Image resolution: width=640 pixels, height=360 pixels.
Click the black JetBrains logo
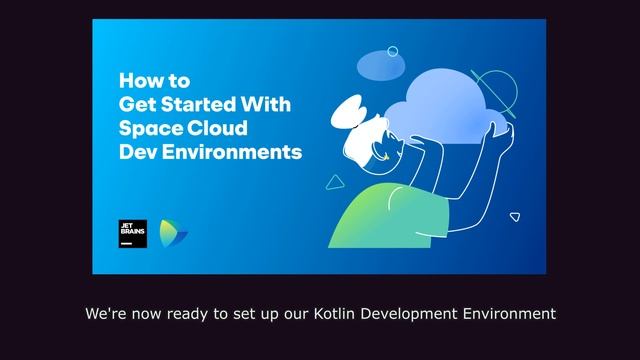click(x=132, y=234)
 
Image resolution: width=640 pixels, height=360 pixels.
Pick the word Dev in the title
click(x=135, y=153)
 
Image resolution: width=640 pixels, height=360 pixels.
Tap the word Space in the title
click(x=148, y=128)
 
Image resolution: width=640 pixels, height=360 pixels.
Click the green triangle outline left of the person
click(x=336, y=182)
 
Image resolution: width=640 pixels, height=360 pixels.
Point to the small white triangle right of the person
click(x=515, y=215)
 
